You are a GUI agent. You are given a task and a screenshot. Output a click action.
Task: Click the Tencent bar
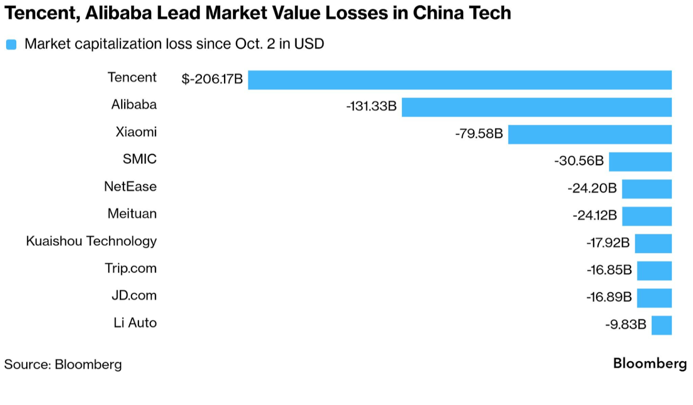coord(460,80)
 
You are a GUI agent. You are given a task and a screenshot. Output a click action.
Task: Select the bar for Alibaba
coord(536,107)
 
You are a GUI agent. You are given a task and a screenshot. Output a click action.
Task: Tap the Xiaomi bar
coord(590,134)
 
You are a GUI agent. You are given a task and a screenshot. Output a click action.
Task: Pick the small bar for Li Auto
coord(661,325)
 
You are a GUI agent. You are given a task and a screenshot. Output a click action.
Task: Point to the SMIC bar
coord(640,162)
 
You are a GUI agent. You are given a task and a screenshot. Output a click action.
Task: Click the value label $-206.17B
coord(212,79)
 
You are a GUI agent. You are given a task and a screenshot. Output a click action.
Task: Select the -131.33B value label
coord(371,106)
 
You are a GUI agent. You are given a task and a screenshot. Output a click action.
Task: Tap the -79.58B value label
coord(479,134)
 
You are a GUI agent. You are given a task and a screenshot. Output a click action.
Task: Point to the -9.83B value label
coord(625,324)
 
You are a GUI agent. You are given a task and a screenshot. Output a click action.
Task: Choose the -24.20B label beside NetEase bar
coord(592,188)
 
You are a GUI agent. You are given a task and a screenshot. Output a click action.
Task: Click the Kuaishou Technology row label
coord(91,241)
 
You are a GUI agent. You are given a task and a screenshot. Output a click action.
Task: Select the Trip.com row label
coord(130,268)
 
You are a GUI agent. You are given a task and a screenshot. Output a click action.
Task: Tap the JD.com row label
coord(134,296)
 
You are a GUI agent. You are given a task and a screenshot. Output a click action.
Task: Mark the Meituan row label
coord(132,214)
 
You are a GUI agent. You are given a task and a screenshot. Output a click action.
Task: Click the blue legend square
coord(11,45)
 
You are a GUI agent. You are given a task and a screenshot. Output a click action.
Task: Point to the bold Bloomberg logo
coord(650,364)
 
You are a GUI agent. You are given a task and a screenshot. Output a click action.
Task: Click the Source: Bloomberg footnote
coord(63,364)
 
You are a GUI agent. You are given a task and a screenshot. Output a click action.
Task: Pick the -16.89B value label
coord(609,297)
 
